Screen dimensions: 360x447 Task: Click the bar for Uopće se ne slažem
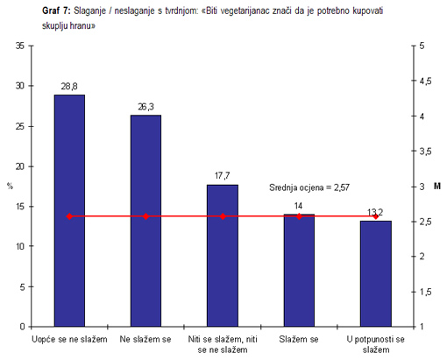coord(69,210)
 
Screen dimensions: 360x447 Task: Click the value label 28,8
coord(69,87)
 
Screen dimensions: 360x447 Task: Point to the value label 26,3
coord(145,107)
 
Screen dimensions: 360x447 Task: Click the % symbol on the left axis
coord(10,186)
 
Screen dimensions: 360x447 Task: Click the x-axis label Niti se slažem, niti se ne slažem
coord(222,343)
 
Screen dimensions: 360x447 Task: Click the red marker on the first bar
coord(69,216)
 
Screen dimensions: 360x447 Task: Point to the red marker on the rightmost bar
coord(375,216)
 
